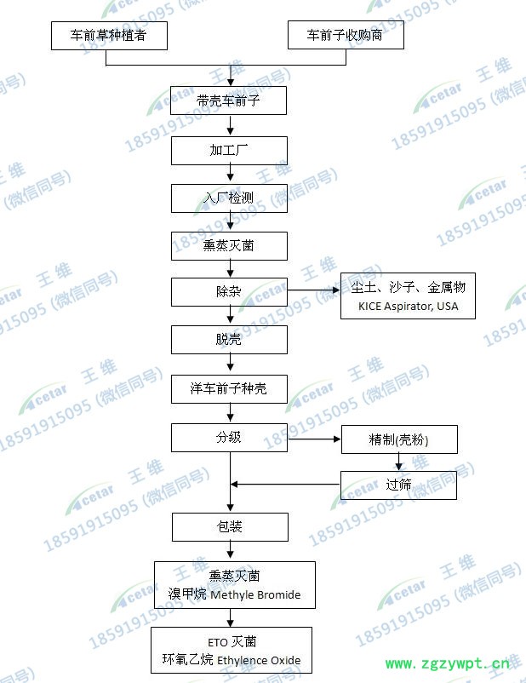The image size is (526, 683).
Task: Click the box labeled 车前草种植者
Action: [x=106, y=36]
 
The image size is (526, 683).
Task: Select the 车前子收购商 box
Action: [x=344, y=36]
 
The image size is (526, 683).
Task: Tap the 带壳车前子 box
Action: [x=229, y=101]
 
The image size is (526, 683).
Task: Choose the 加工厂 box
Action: [x=229, y=151]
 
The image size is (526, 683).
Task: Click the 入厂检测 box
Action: [x=229, y=198]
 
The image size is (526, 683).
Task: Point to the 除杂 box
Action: [x=229, y=292]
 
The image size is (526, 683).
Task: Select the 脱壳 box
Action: [x=229, y=340]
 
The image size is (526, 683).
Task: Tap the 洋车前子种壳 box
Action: [x=229, y=389]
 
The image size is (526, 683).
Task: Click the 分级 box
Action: [x=229, y=439]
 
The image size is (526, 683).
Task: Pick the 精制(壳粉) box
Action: [x=399, y=439]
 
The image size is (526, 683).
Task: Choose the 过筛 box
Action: [x=399, y=485]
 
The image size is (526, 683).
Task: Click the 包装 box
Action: [x=229, y=527]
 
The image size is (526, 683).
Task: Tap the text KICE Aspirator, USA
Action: [x=409, y=307]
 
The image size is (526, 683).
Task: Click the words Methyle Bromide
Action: [x=255, y=594]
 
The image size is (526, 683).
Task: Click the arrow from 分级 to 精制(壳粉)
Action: [x=314, y=439]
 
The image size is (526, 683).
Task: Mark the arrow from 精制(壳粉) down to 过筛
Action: [x=399, y=462]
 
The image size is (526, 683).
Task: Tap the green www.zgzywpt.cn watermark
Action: [x=449, y=663]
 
